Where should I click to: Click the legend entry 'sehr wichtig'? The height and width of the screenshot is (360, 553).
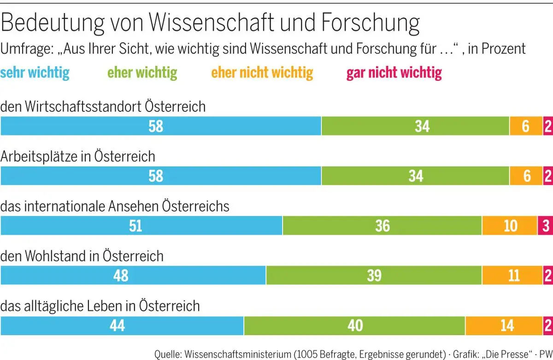[x=35, y=72]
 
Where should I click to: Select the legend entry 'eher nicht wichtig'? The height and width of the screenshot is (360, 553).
[x=262, y=72]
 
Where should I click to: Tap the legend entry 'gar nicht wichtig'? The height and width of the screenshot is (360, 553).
[x=394, y=72]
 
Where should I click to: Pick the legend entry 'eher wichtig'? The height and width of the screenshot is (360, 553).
[x=142, y=72]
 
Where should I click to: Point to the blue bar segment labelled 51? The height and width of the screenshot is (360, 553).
[x=141, y=225]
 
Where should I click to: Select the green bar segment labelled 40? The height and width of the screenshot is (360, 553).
[x=354, y=325]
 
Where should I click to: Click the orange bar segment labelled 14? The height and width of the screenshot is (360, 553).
[x=504, y=325]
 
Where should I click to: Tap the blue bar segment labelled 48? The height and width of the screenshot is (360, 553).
[x=133, y=276]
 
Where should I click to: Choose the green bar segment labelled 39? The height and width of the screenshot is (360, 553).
[x=374, y=276]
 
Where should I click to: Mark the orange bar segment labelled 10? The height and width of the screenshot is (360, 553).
[x=509, y=225]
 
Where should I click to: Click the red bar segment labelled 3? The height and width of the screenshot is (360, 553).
[x=545, y=225]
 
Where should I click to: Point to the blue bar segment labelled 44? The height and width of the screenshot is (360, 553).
[x=122, y=325]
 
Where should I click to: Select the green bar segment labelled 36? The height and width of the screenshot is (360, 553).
[x=382, y=225]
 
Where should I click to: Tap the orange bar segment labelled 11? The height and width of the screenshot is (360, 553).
[x=512, y=276]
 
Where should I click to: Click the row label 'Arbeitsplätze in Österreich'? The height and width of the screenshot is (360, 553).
[x=77, y=157]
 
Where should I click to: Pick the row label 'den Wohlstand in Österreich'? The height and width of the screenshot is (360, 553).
[x=82, y=256]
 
